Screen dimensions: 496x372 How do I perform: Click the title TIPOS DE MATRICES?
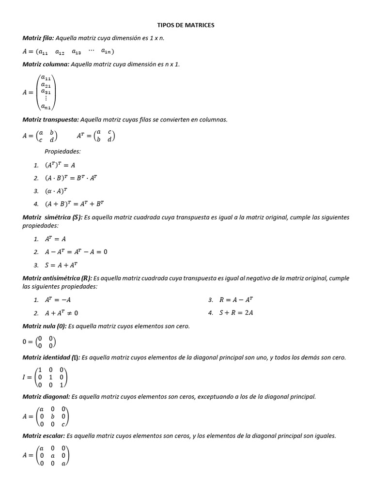(186, 25)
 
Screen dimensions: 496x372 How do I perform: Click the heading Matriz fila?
(39, 38)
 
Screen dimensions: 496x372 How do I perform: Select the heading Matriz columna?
(46, 64)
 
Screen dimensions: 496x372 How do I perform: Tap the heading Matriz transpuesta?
(51, 119)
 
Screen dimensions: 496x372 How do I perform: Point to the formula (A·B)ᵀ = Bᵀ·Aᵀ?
(71, 178)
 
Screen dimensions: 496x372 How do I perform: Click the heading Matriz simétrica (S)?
(53, 217)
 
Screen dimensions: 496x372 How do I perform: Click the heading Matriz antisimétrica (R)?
(57, 279)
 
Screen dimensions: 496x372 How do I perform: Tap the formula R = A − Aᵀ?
(236, 300)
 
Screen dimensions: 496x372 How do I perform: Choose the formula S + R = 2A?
(236, 313)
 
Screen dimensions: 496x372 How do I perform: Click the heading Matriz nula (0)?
(44, 326)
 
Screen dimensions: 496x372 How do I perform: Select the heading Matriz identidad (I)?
(51, 357)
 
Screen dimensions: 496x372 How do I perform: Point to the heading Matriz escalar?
(44, 436)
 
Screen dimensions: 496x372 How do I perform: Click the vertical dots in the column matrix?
(46, 98)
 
